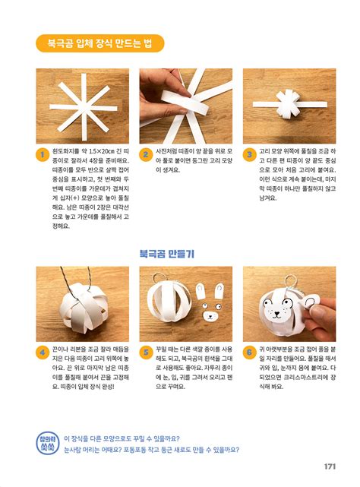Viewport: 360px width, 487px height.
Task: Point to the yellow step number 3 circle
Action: [250, 156]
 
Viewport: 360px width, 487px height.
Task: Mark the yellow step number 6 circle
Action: [250, 353]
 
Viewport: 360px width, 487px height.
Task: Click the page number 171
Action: [330, 466]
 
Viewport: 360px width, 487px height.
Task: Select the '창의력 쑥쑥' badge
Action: [46, 442]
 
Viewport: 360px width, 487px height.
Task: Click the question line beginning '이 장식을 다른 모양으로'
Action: [129, 438]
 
